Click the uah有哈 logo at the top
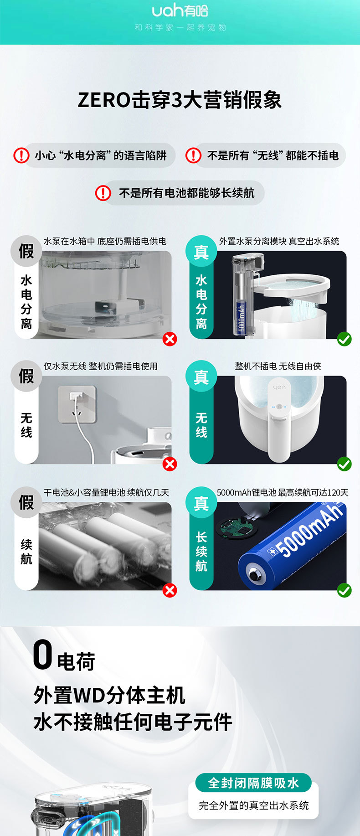[180, 10]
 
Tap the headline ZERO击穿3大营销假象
[180, 100]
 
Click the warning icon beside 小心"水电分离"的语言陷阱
[21, 155]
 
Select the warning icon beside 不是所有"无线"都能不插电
[193, 155]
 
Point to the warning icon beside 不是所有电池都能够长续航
[103, 193]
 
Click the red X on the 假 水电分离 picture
[170, 339]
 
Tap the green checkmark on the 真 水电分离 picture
[345, 339]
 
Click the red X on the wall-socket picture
[170, 464]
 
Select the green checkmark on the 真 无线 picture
[345, 464]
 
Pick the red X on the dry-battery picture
[170, 591]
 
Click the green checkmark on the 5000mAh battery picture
[345, 591]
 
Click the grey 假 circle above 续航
[26, 502]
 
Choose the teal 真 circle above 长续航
[201, 503]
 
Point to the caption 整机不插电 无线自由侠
[278, 366]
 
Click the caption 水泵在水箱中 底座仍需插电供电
[105, 241]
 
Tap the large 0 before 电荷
[42, 655]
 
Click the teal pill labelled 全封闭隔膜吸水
[253, 783]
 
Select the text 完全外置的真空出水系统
[254, 805]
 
